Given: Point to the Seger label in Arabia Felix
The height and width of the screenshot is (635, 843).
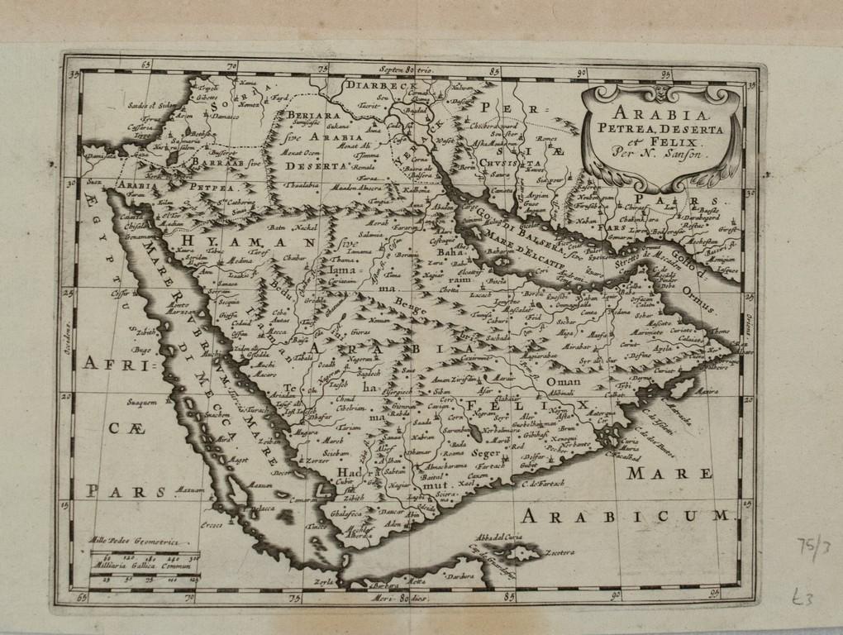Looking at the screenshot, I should (485, 453).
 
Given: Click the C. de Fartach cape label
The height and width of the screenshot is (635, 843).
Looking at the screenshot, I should (543, 483).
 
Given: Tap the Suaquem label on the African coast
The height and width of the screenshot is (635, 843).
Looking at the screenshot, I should (141, 403).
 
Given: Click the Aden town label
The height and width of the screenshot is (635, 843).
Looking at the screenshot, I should (393, 523).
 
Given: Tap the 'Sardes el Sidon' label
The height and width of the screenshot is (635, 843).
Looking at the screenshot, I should (152, 105).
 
